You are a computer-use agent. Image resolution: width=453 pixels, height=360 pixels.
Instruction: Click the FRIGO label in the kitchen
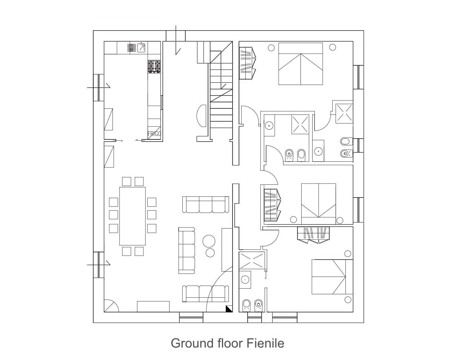(x=154, y=134)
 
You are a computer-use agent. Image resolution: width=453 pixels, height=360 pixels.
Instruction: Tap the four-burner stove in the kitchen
(x=154, y=66)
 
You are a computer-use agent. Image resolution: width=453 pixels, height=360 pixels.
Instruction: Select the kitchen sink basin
(x=141, y=47)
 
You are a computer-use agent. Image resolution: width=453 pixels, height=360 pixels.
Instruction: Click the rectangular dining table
(x=133, y=216)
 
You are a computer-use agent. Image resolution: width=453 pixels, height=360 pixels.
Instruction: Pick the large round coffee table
(x=209, y=241)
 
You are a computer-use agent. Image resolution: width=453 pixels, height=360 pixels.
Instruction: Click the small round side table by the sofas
(x=210, y=253)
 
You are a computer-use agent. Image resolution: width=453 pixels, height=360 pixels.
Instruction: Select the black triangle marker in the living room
(x=229, y=309)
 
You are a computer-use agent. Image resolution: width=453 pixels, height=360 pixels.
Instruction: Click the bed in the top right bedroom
(x=300, y=64)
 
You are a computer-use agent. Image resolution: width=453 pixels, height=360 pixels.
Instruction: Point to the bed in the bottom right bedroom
(x=332, y=277)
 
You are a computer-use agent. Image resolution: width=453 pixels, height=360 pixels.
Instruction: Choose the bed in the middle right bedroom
(x=319, y=204)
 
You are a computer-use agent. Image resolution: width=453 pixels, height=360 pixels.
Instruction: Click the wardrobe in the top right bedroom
(x=248, y=63)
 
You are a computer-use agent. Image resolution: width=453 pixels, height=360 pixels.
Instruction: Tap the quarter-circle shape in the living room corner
(x=111, y=306)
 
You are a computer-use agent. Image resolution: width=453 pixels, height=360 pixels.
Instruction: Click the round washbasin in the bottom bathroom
(x=245, y=280)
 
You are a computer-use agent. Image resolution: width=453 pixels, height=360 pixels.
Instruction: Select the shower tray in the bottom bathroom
(x=252, y=260)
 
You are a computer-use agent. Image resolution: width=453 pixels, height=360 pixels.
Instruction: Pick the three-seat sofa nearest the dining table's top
(x=206, y=204)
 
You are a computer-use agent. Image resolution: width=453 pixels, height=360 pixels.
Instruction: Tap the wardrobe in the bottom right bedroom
(x=313, y=235)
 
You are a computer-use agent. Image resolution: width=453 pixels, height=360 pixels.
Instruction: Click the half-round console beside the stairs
(x=201, y=116)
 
